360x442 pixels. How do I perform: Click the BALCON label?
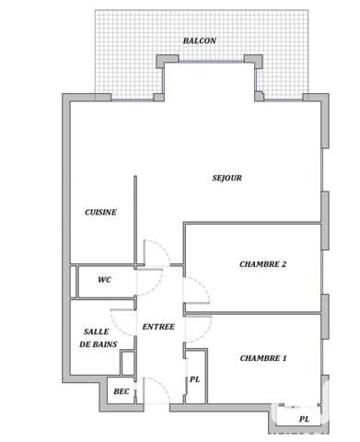coord(199,41)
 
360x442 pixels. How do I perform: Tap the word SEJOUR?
coord(226,178)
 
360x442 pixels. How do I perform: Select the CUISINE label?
coord(100,212)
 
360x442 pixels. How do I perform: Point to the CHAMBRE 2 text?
coord(262,264)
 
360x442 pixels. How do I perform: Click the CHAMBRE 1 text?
coord(263,358)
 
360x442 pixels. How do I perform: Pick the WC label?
coord(104,281)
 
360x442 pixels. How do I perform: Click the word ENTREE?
coord(157,327)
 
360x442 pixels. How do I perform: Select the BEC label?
coord(121,392)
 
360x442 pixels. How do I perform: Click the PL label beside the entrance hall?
coord(194,379)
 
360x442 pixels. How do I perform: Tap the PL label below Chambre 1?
coord(304,419)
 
